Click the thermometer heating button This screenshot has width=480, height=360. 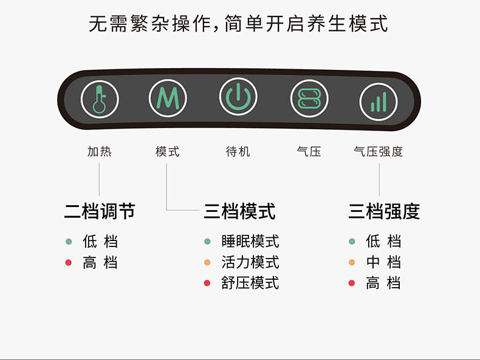[x=100, y=99]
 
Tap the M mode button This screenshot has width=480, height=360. [x=168, y=98]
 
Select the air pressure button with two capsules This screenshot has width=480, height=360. [x=309, y=98]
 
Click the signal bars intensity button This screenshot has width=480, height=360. [x=379, y=102]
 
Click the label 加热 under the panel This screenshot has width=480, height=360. [x=100, y=152]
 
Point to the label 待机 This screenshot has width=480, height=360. [x=238, y=152]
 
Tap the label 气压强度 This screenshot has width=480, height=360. [x=379, y=152]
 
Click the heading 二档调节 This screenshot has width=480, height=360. [x=100, y=211]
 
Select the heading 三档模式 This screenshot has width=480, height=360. [x=239, y=211]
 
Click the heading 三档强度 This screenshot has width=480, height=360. [x=384, y=211]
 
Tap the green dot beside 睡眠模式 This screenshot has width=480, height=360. [x=207, y=242]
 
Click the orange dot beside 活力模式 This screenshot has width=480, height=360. [x=207, y=262]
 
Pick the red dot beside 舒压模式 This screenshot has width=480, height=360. [x=207, y=284]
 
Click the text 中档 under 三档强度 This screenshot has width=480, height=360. [x=383, y=262]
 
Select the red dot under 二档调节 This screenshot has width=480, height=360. [x=69, y=262]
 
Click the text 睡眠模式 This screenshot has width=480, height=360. [x=250, y=242]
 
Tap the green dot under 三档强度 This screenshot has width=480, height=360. [x=352, y=242]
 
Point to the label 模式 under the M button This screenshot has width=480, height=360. [x=168, y=152]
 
